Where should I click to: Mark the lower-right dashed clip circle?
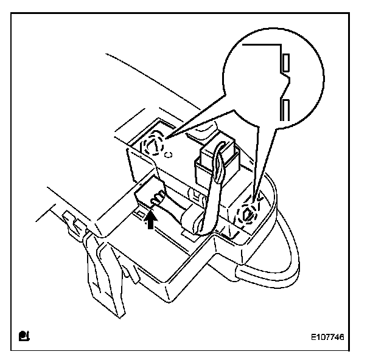(248, 214)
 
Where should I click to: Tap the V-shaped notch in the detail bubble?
(284, 85)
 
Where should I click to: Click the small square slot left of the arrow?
(139, 213)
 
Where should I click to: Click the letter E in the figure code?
(311, 334)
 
